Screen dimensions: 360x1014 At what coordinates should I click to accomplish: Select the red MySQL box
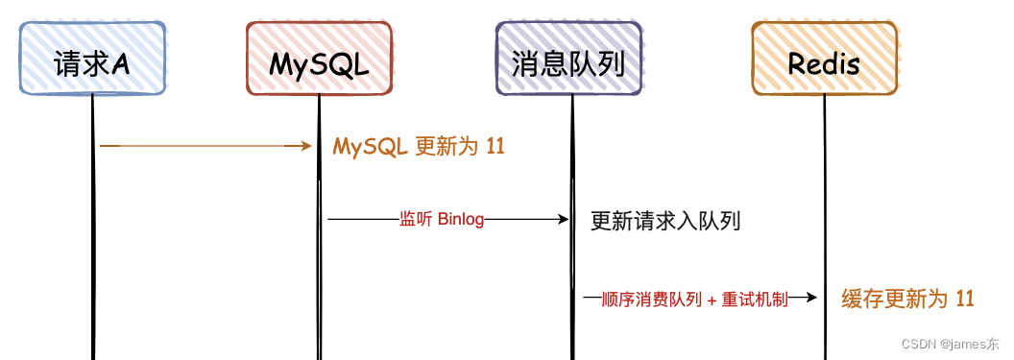[x=319, y=60]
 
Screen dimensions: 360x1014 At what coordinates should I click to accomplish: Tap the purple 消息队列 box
[x=569, y=60]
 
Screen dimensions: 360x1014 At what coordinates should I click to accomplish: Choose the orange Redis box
[x=824, y=60]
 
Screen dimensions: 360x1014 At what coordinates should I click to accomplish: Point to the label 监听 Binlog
[x=442, y=220]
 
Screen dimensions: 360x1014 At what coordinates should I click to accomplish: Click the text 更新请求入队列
[x=665, y=222]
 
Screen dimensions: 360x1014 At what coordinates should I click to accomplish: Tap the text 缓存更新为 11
[x=907, y=299]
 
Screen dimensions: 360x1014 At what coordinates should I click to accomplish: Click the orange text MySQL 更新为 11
[x=419, y=147]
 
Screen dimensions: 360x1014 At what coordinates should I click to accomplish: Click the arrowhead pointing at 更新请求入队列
[x=565, y=220]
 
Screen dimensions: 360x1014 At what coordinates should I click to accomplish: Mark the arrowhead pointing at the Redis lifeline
[x=811, y=299]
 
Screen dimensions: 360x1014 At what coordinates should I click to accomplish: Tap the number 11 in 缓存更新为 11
[x=965, y=299]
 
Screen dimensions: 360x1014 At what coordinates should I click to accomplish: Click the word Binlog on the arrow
[x=461, y=220]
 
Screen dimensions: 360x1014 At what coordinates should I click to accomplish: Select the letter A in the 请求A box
[x=121, y=63]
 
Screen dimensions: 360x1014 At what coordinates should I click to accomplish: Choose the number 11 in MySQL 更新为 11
[x=495, y=147]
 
